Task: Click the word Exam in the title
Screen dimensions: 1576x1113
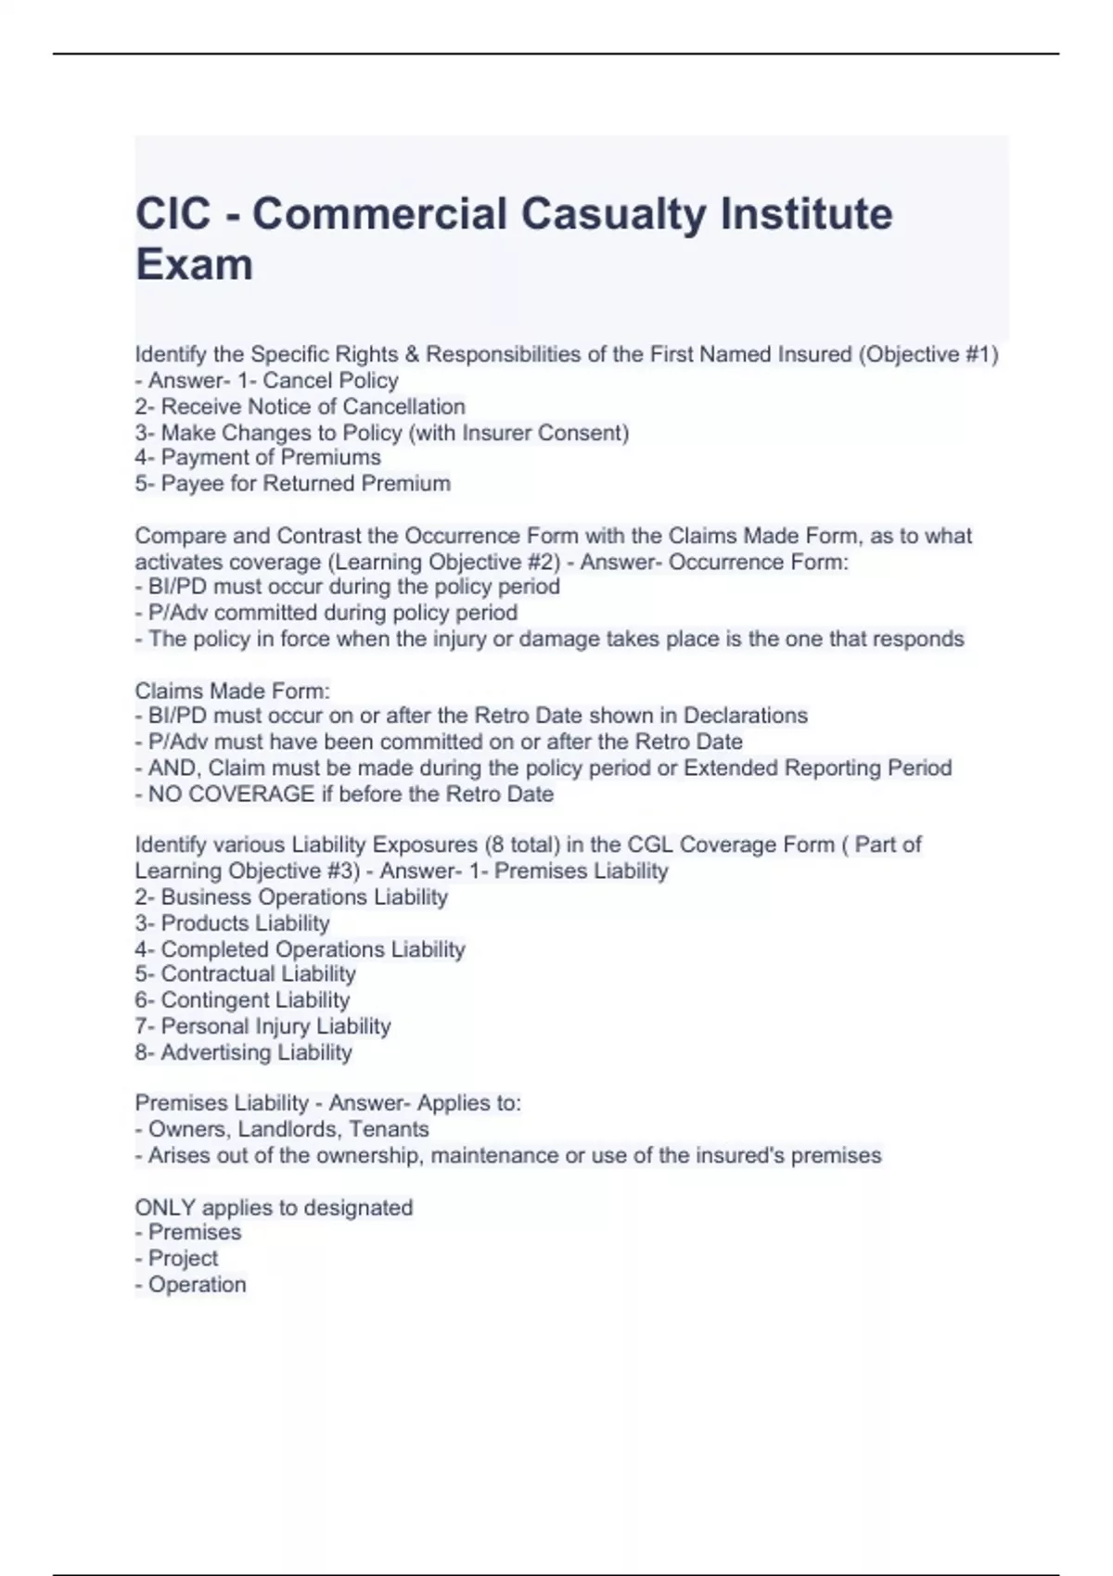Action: pos(194,264)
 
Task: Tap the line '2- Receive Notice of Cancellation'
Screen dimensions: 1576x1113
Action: pos(300,407)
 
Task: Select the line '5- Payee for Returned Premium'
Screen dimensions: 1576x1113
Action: pos(292,484)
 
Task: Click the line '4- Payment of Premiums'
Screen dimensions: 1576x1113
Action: pos(258,458)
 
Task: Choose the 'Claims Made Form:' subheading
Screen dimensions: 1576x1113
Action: pos(233,692)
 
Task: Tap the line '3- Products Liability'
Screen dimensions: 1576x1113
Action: pos(232,923)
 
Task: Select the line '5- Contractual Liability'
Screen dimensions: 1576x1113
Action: pos(245,974)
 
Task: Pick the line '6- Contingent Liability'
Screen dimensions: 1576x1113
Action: pos(242,1000)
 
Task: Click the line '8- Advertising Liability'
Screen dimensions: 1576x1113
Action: pos(244,1053)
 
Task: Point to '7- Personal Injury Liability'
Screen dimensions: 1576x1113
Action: pos(262,1026)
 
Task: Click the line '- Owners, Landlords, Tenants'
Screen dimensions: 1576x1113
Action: pos(282,1130)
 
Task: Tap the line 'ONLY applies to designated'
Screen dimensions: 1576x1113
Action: pos(274,1208)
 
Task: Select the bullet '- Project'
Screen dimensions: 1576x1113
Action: pos(176,1259)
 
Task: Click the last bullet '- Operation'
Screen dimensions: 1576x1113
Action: pos(190,1285)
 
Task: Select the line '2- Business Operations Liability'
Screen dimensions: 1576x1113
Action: pos(291,897)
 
